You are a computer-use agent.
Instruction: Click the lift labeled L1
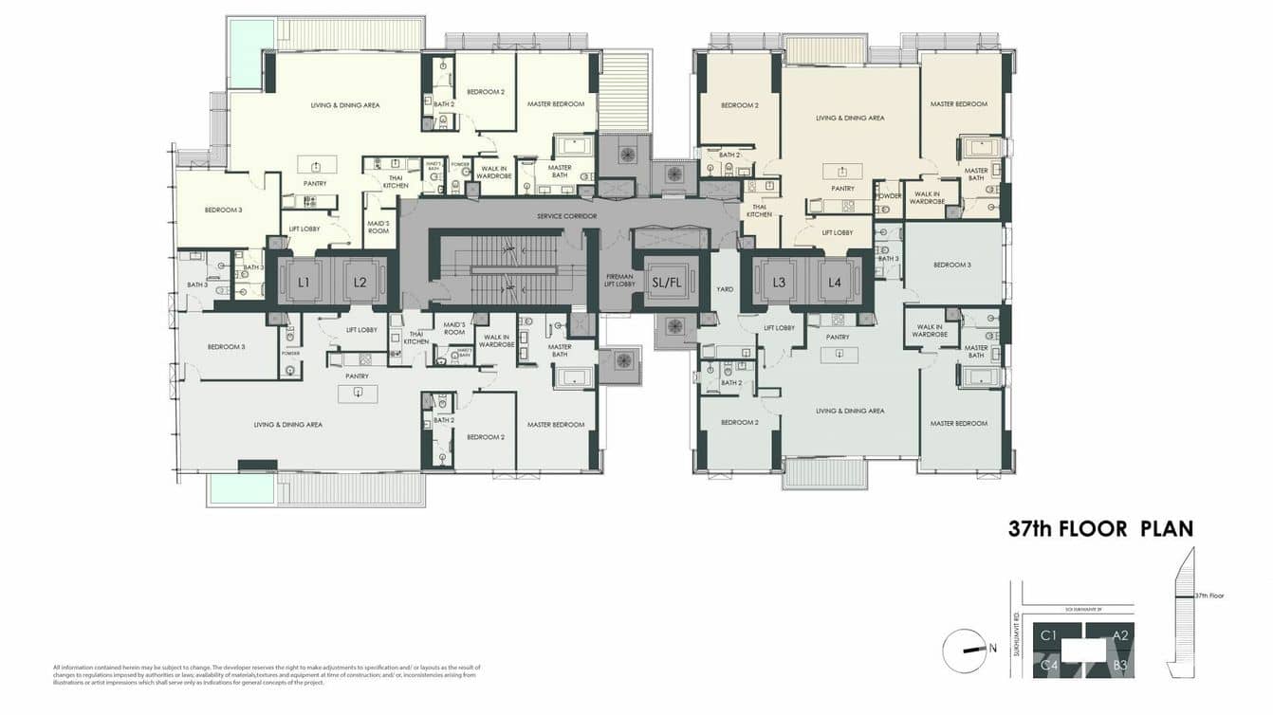304,282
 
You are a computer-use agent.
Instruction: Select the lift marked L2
360,282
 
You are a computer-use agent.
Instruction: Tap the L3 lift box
779,282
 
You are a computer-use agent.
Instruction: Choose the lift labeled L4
835,282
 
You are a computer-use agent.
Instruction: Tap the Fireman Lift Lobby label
619,281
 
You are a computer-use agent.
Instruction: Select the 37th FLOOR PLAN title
1100,529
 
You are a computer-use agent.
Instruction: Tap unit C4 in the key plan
1049,665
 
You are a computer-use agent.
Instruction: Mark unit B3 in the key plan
1120,665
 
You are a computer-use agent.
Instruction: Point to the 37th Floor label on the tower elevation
1208,596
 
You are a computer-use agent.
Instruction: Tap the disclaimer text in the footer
267,674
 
